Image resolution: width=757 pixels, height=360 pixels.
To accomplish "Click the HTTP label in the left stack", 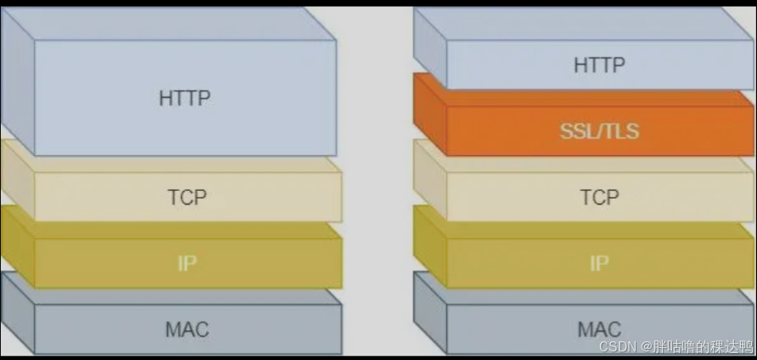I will (x=184, y=98).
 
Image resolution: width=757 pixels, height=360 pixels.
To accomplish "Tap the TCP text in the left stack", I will (x=187, y=197).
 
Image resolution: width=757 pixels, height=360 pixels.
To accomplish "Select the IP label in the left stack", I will (x=188, y=262).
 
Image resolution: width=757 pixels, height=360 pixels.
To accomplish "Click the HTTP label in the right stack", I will (x=599, y=65).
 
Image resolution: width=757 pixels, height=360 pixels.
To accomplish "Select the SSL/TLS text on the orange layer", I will (x=599, y=132).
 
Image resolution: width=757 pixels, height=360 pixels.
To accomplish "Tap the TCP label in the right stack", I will (x=599, y=197).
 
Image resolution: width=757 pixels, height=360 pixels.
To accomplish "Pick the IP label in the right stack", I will (x=599, y=262).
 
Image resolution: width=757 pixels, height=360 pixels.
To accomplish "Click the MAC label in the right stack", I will (x=599, y=329).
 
